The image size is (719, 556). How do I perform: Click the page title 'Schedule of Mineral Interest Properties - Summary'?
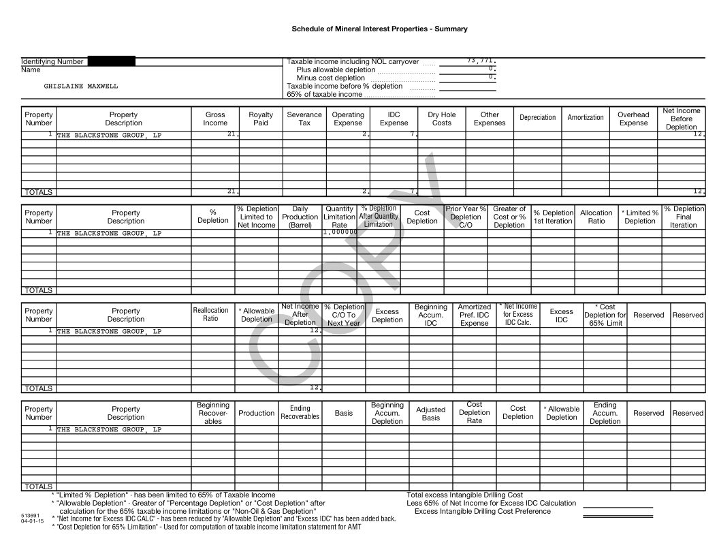tap(379, 29)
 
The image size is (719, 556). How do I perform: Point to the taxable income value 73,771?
tap(481, 61)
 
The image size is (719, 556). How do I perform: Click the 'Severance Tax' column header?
tap(304, 119)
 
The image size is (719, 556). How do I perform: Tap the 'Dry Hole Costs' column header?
tap(442, 119)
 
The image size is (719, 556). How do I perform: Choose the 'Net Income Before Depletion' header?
tap(682, 119)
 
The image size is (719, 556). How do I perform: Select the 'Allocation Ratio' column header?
tap(596, 217)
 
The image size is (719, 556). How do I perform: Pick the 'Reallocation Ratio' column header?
tap(210, 315)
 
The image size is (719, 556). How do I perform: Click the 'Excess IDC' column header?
tap(561, 315)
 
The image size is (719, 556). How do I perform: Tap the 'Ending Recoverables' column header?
tap(300, 413)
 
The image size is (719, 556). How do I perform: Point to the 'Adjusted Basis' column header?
tap(430, 414)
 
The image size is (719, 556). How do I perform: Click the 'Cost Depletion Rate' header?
tap(474, 413)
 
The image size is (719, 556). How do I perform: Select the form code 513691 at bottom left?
tap(29, 516)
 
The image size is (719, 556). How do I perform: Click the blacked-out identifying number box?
tap(112, 61)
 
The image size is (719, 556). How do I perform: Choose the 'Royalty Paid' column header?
tap(261, 119)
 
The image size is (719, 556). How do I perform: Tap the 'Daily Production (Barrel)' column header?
tap(300, 217)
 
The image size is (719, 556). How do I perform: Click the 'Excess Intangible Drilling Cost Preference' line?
tap(482, 512)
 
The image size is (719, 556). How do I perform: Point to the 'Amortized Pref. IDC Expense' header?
tap(474, 315)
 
